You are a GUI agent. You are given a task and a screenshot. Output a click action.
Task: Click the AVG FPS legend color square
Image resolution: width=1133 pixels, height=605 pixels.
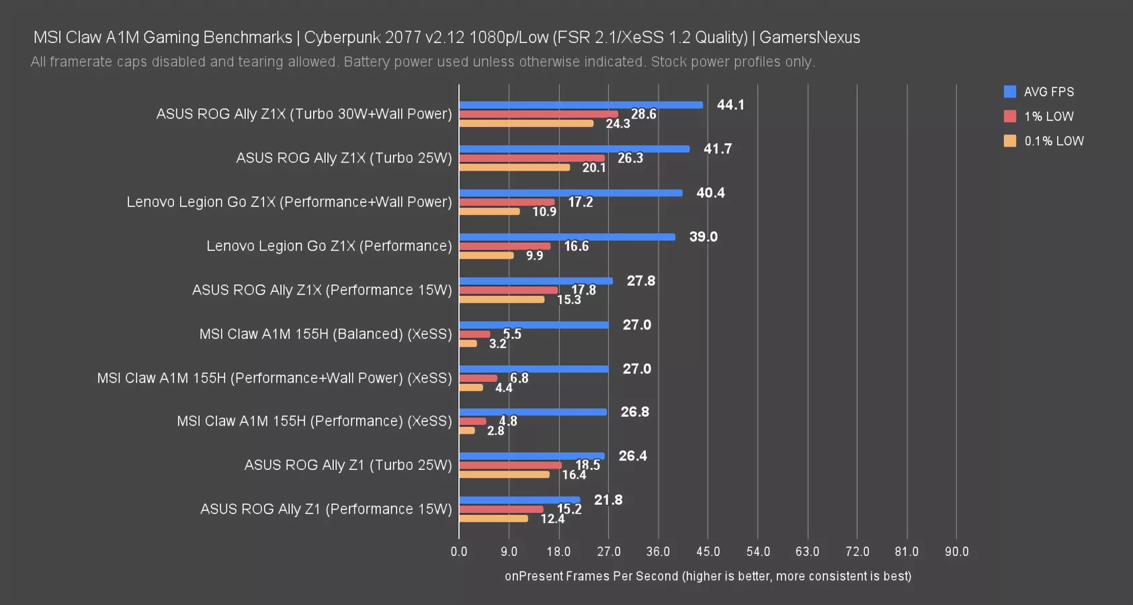tap(1009, 92)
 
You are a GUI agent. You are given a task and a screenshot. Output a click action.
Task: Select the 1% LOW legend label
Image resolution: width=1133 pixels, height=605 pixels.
tap(1048, 116)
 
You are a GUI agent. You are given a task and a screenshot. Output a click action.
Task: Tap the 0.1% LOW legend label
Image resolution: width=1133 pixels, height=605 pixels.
tap(1054, 141)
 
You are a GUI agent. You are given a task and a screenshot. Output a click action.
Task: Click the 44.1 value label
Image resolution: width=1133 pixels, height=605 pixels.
tap(730, 105)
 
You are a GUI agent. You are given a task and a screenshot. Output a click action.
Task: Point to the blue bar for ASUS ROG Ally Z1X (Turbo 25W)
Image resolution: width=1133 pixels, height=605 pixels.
tap(574, 149)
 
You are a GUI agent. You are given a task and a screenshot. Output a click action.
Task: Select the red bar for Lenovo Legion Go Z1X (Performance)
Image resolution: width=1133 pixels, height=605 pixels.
tap(505, 246)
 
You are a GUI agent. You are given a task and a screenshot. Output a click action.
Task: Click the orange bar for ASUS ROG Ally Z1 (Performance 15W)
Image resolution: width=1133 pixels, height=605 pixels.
tap(493, 518)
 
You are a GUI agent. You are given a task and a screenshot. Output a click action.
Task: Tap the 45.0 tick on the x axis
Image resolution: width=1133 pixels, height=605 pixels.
tap(708, 552)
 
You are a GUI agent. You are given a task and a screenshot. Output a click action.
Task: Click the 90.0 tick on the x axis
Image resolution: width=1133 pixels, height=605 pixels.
tap(956, 552)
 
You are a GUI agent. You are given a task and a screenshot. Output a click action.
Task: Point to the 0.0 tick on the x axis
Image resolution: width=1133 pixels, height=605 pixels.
tap(459, 552)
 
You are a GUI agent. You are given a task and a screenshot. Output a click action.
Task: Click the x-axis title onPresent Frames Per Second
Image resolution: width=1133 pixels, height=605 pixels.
tap(708, 576)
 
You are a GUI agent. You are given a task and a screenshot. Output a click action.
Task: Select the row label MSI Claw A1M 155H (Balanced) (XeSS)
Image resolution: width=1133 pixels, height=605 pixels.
tap(325, 334)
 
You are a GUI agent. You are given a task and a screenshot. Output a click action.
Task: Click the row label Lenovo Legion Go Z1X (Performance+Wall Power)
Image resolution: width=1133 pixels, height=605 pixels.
tap(289, 202)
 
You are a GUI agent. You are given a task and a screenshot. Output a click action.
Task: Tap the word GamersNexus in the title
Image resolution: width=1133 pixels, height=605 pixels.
tap(809, 38)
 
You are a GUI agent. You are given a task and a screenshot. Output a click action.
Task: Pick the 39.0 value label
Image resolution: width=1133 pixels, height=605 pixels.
tap(703, 237)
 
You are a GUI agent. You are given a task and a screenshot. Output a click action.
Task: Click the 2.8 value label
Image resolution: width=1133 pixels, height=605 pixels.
tap(495, 431)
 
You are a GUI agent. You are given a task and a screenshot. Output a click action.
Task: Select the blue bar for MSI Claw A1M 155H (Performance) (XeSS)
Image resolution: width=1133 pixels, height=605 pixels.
tap(533, 412)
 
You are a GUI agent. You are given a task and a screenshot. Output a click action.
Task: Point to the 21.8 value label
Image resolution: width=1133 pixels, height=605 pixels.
tap(608, 500)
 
